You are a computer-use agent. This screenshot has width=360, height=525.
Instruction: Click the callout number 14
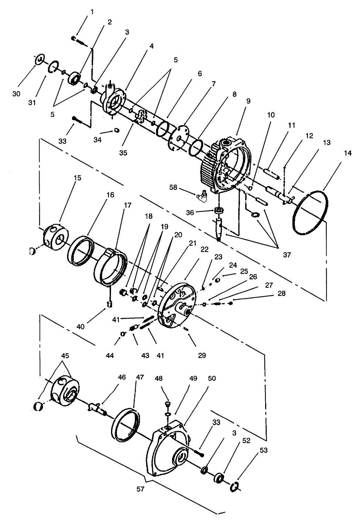(348, 153)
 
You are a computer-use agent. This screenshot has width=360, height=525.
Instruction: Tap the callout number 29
(202, 355)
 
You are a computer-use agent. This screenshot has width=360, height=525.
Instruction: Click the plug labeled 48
(168, 403)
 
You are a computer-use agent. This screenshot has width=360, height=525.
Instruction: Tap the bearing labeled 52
(219, 478)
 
